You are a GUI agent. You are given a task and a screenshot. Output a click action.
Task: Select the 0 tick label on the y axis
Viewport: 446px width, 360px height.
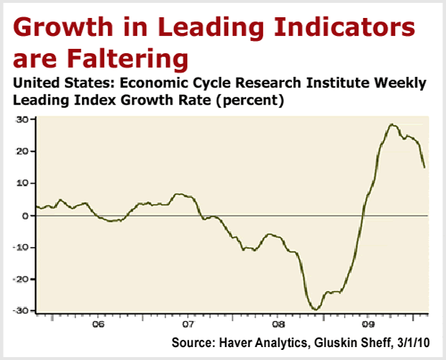pyautogui.click(x=25, y=215)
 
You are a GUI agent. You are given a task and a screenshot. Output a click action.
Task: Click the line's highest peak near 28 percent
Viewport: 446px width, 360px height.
pyautogui.click(x=392, y=124)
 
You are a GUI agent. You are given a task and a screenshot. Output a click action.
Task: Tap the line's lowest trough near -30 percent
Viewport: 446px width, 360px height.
pyautogui.click(x=315, y=309)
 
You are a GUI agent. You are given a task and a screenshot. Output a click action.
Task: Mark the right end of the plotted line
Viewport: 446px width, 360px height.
pyautogui.click(x=424, y=168)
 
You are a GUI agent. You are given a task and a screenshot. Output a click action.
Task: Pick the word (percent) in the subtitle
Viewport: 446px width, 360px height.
pyautogui.click(x=247, y=102)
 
